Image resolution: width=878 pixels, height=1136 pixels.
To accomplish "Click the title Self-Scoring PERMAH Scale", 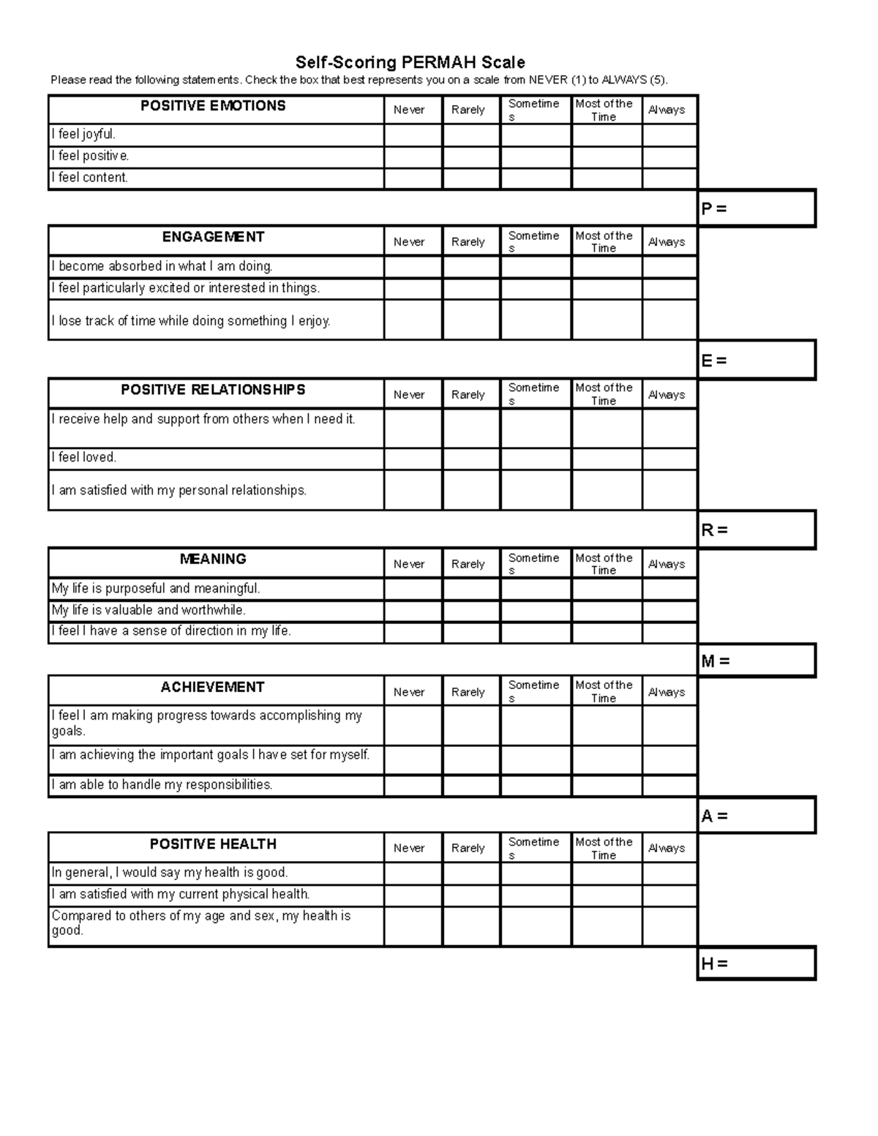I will [x=410, y=62].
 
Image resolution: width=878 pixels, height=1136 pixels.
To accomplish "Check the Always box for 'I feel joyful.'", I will [x=669, y=135].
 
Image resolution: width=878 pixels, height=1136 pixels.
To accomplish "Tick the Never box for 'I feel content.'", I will [x=413, y=178].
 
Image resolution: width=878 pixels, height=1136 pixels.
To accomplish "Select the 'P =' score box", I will [x=757, y=208].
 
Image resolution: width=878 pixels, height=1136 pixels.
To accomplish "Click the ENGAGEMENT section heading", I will [x=213, y=237].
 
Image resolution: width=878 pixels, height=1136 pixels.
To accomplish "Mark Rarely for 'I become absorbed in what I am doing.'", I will [x=471, y=267].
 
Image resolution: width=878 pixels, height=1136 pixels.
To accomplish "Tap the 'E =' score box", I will [x=757, y=360].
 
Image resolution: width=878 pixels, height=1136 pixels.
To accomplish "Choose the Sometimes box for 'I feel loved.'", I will [x=536, y=459].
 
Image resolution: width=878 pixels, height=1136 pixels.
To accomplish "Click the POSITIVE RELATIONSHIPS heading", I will [x=213, y=390].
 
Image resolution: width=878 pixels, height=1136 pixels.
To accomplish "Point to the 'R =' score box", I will [x=757, y=530].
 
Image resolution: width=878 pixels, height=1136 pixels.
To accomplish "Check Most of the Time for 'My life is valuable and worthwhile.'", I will [x=607, y=611].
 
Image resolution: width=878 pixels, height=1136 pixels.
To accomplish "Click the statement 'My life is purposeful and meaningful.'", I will [x=156, y=588].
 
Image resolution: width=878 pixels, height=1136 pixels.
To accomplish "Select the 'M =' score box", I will [x=757, y=661].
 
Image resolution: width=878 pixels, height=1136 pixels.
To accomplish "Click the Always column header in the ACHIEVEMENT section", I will [x=667, y=691].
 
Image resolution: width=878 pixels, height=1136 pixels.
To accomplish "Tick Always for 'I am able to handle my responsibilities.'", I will [x=669, y=786].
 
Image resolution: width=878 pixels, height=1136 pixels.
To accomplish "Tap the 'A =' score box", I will [x=757, y=816].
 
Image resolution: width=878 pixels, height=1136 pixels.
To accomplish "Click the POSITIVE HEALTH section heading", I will [x=213, y=844].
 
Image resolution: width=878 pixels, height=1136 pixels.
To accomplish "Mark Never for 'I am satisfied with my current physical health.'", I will [x=413, y=895].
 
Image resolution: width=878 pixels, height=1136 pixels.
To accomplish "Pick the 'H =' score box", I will [x=757, y=963].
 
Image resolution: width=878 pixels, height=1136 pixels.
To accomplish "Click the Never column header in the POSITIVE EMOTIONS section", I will [x=409, y=110].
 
